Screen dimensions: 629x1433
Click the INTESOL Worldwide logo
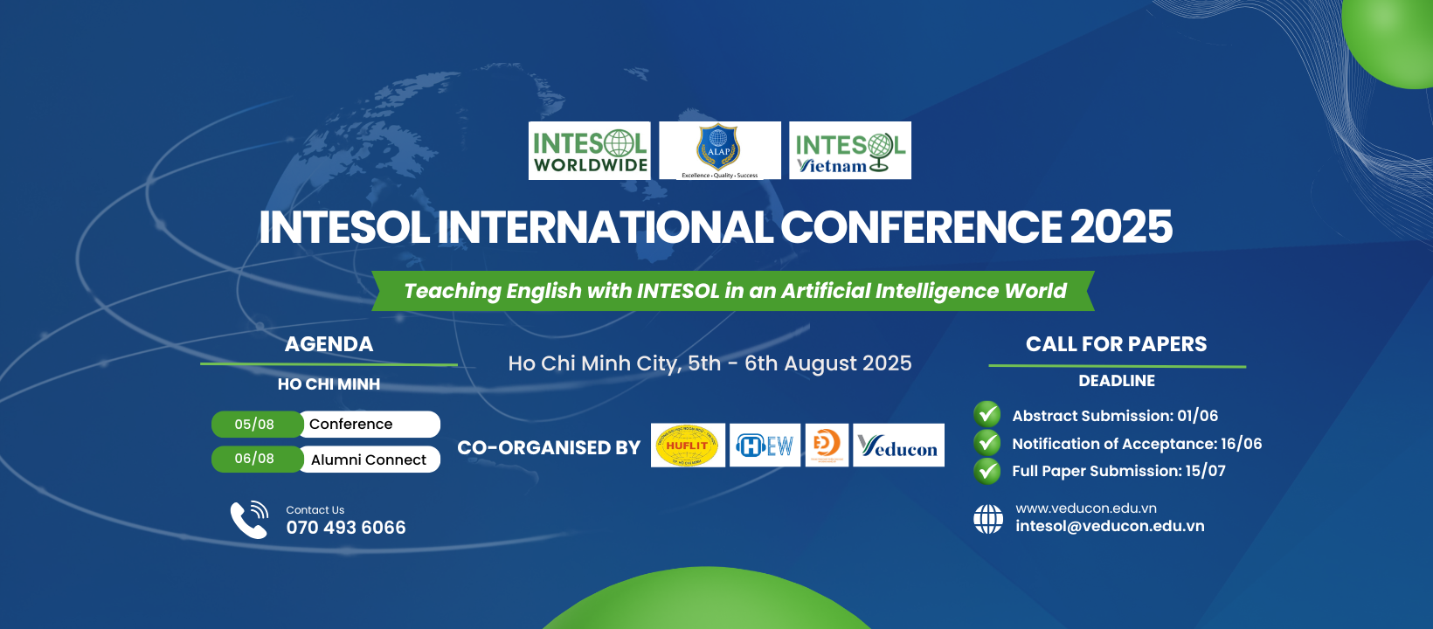tap(590, 151)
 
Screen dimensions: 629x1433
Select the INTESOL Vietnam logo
tap(850, 151)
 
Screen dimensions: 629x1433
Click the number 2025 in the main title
tap(1121, 227)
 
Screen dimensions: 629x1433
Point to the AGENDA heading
tap(329, 344)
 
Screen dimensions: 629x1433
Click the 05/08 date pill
tap(254, 425)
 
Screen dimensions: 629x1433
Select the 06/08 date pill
tap(254, 459)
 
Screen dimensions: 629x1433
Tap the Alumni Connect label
tap(369, 460)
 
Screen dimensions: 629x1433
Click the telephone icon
tap(249, 519)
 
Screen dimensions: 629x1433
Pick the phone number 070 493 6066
tap(346, 528)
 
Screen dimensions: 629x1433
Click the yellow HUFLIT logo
tap(688, 446)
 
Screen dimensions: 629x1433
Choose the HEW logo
tap(765, 446)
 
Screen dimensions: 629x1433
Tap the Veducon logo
tap(898, 446)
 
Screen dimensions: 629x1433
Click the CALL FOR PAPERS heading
tap(1116, 344)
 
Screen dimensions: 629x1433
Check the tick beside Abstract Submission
tap(987, 414)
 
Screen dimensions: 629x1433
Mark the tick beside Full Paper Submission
tap(987, 472)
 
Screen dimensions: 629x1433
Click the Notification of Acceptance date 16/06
tap(1242, 444)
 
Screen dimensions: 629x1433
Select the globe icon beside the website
tap(988, 519)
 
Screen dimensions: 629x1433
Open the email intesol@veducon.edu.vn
tap(1110, 526)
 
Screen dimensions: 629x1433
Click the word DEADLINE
tap(1117, 381)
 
